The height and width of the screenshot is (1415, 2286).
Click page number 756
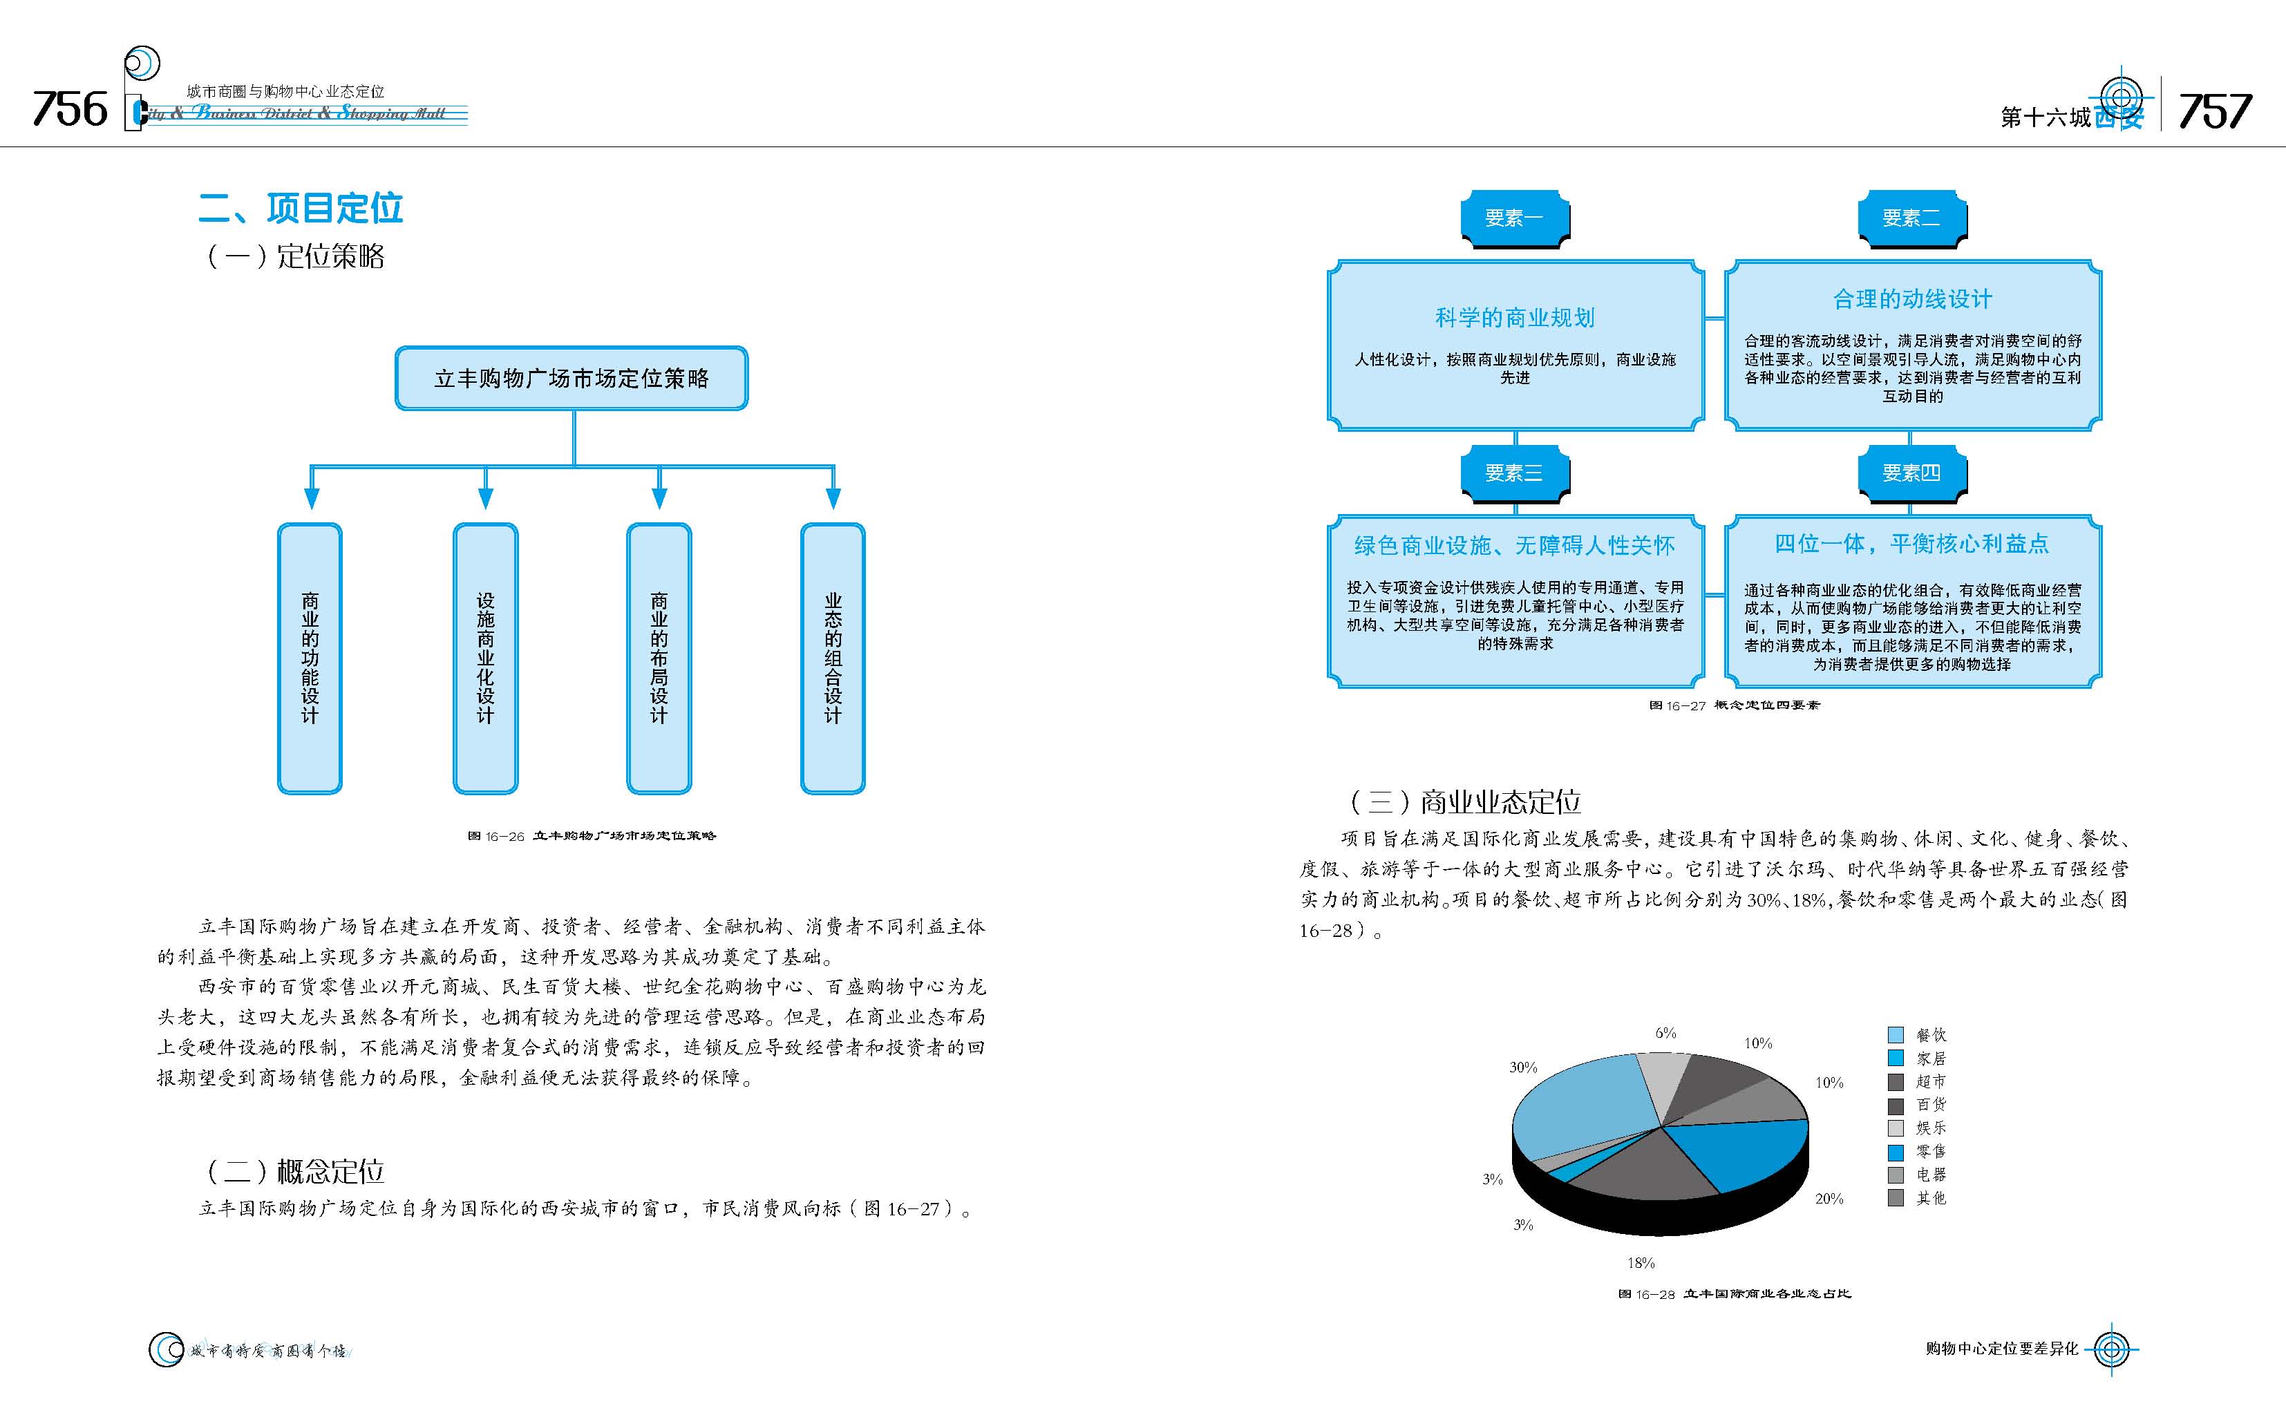(x=70, y=109)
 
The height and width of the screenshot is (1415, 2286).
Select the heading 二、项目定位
(x=301, y=208)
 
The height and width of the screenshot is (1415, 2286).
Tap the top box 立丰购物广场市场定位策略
(x=571, y=378)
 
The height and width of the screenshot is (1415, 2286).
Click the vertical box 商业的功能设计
(x=310, y=658)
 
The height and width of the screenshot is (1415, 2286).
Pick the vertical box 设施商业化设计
(x=484, y=658)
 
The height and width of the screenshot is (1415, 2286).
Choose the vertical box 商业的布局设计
(x=659, y=658)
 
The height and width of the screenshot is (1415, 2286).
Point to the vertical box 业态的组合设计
(x=833, y=658)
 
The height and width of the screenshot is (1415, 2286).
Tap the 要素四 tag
(x=1911, y=473)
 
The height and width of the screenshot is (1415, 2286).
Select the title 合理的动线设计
(x=1911, y=299)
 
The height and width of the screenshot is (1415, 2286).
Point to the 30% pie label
(x=1522, y=1067)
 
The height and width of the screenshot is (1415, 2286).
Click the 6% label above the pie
(x=1665, y=1033)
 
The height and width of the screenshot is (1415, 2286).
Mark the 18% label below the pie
(x=1641, y=1262)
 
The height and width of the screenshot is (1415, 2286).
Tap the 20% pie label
(x=1829, y=1199)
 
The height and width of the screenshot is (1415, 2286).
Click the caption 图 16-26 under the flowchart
(x=592, y=836)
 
